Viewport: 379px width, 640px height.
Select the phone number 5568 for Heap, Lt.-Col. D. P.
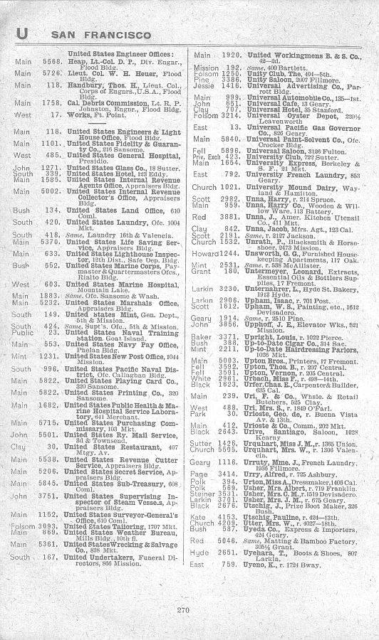pyautogui.click(x=48, y=62)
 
